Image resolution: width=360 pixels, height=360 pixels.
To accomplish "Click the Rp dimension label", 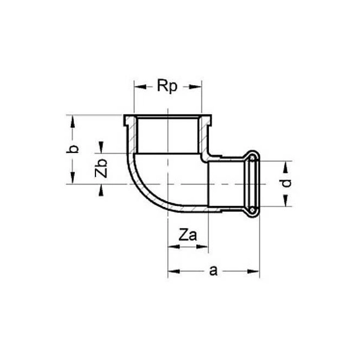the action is [167, 86].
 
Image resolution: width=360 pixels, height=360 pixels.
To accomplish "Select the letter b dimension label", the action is [73, 149].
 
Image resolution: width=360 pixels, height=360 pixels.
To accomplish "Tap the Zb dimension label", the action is [101, 169].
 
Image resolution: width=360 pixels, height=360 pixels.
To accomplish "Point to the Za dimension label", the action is [188, 235].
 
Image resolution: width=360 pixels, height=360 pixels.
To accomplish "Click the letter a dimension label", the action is [213, 271].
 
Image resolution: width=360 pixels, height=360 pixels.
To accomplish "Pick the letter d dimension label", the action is [286, 183].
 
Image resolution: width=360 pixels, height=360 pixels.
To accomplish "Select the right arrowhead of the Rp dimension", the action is [196, 87].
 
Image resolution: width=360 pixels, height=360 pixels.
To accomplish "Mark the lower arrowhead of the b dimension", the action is [73, 178].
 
